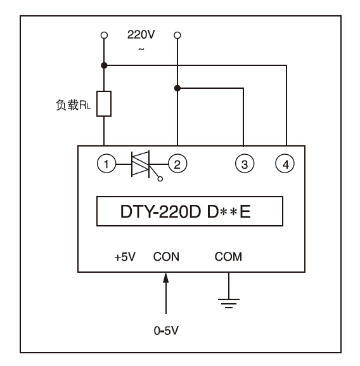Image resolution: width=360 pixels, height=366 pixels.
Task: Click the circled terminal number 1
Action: [x=106, y=164]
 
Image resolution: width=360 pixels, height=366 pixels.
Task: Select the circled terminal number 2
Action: [x=177, y=164]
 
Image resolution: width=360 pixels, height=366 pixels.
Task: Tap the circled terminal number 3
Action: [x=245, y=164]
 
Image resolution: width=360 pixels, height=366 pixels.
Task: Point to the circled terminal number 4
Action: [x=285, y=164]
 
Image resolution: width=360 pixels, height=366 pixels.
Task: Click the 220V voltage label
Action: [x=141, y=34]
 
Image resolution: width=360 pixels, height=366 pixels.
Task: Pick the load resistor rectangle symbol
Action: [x=104, y=103]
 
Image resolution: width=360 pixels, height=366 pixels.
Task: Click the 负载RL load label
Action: [x=74, y=105]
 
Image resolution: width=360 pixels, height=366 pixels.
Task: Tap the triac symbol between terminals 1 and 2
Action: [x=140, y=164]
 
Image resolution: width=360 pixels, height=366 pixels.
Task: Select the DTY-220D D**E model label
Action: [x=185, y=211]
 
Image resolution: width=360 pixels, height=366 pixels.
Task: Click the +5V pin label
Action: [x=125, y=257]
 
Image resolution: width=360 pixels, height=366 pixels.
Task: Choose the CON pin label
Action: [x=166, y=257]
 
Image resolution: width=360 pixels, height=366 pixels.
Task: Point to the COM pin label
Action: [x=228, y=257]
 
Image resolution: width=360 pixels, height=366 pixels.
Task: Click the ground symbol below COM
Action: [x=229, y=303]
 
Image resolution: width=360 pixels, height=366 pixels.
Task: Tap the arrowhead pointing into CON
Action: [x=166, y=278]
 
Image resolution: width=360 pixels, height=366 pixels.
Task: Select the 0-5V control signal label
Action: [x=166, y=330]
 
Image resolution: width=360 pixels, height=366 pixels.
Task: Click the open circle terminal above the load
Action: [x=104, y=36]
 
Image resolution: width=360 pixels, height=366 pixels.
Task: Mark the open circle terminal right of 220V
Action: [x=177, y=36]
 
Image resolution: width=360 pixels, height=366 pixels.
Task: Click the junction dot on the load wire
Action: [x=104, y=65]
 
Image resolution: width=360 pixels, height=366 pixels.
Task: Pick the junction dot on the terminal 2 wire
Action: [x=177, y=88]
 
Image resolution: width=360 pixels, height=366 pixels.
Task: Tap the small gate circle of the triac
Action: [x=160, y=179]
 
